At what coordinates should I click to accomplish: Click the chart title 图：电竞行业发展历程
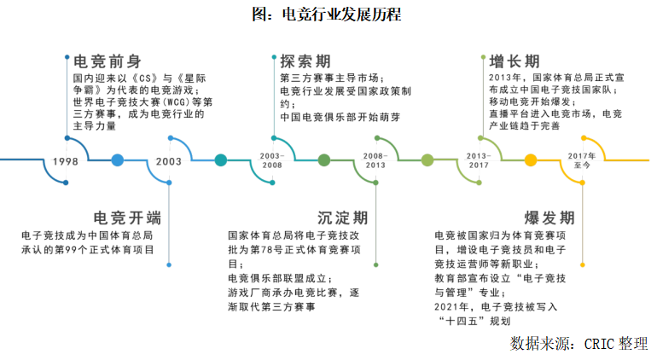(328, 15)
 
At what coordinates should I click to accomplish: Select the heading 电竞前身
(107, 62)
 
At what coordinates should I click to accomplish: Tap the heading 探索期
(305, 62)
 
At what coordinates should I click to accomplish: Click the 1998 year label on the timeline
(66, 161)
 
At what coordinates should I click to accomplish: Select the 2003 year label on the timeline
(169, 161)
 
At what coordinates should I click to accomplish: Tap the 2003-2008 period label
(271, 160)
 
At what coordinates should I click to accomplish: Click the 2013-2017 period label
(479, 160)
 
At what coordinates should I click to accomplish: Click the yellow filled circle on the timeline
(531, 160)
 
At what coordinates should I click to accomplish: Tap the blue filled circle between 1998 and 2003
(118, 160)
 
